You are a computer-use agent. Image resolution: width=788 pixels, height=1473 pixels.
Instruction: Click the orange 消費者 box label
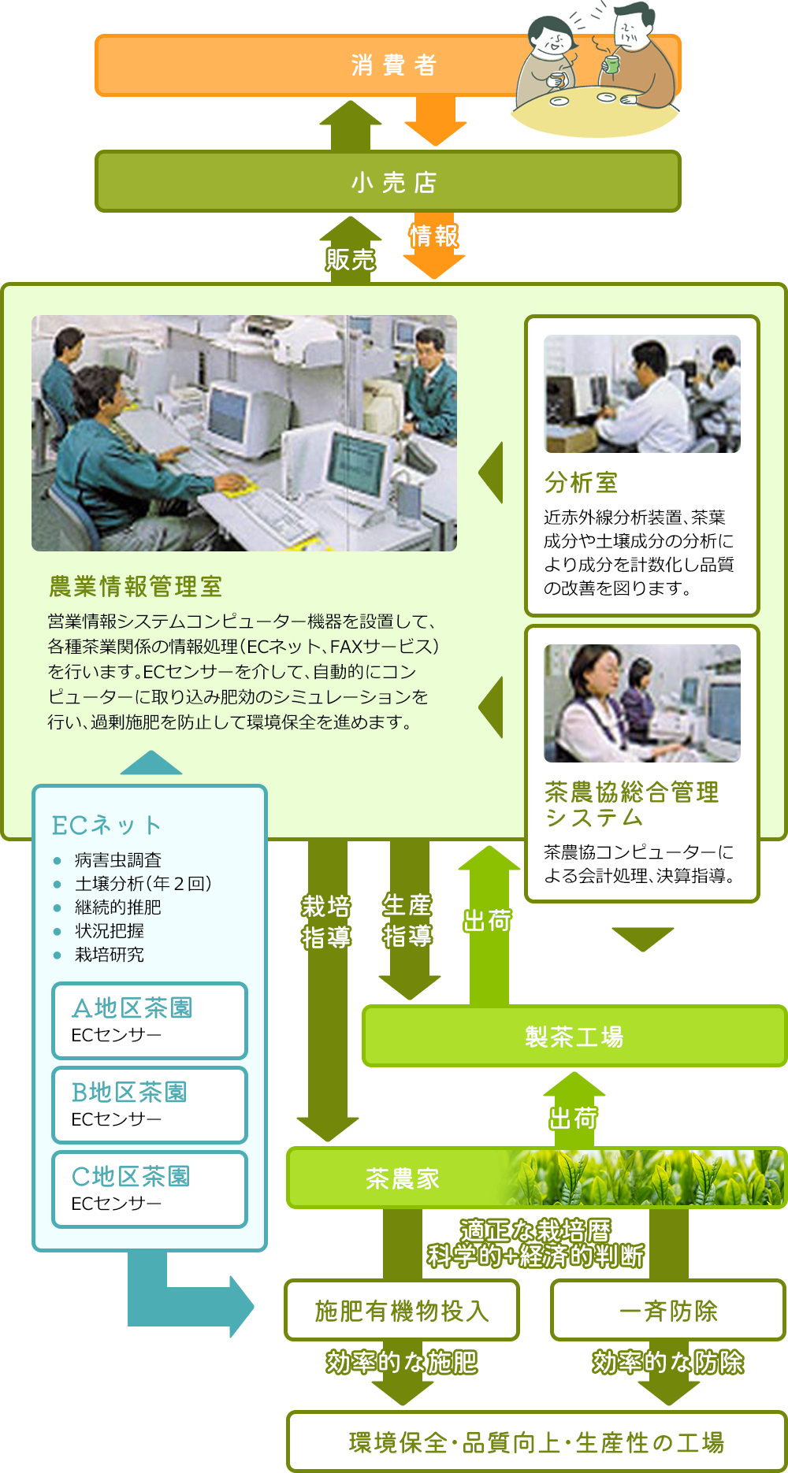(x=393, y=65)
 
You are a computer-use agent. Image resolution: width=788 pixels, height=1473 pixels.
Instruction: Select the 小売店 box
(x=388, y=182)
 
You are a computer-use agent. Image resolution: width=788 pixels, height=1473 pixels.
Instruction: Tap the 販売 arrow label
(x=351, y=259)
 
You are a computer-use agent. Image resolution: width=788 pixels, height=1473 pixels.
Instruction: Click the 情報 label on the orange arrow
(x=433, y=236)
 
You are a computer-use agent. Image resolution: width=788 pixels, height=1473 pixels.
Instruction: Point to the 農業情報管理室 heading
(x=136, y=586)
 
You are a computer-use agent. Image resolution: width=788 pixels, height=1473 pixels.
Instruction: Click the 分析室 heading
(x=581, y=482)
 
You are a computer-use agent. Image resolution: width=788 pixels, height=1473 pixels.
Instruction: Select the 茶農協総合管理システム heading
(x=631, y=804)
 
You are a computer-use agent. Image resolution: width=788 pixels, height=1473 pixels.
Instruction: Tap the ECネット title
(x=106, y=825)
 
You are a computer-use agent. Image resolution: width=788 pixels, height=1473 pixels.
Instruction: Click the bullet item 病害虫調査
(x=117, y=859)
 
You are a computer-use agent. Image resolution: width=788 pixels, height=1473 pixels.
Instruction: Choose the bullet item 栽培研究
(x=109, y=954)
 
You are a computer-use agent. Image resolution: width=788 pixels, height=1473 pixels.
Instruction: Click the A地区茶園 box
(x=150, y=1021)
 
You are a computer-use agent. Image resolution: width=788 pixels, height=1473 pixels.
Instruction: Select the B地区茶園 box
(x=150, y=1105)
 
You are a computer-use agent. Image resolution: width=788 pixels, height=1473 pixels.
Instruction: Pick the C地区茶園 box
(x=150, y=1189)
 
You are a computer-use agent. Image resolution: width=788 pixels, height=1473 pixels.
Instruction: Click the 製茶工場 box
(x=574, y=1036)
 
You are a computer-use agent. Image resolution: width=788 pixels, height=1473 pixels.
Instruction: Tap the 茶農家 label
(x=403, y=1178)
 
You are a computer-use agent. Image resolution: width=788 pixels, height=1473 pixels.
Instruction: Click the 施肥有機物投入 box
(x=402, y=1310)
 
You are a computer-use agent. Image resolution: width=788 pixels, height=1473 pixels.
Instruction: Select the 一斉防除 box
(x=668, y=1310)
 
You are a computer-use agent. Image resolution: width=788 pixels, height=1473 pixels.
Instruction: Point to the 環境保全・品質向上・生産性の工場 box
(x=537, y=1441)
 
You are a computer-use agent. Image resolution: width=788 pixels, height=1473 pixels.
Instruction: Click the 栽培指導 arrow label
(x=326, y=922)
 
